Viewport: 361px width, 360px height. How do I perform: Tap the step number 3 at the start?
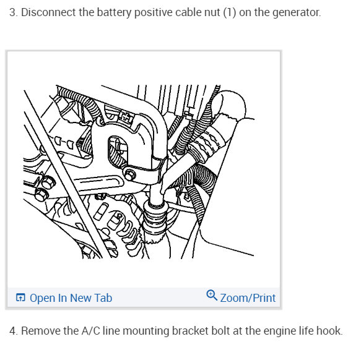[12, 12]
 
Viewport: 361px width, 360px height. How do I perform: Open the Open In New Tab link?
[71, 298]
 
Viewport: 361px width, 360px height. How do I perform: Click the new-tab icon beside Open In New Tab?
[20, 298]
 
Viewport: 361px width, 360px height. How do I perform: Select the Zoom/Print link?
[248, 298]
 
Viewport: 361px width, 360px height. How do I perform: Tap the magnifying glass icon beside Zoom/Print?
[212, 296]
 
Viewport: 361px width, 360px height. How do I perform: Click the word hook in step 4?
[329, 330]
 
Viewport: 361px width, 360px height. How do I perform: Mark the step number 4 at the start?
[12, 330]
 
